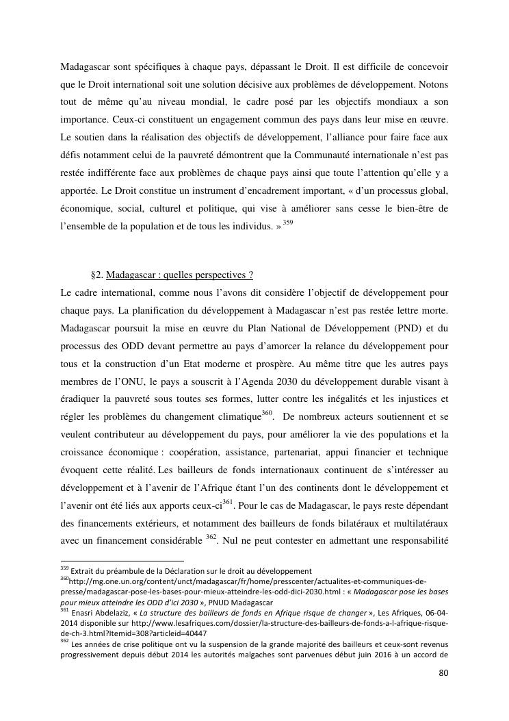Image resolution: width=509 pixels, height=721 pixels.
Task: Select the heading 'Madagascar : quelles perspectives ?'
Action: pyautogui.click(x=180, y=275)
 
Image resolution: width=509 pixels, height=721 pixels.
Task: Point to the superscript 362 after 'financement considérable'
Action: pyautogui.click(x=211, y=540)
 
